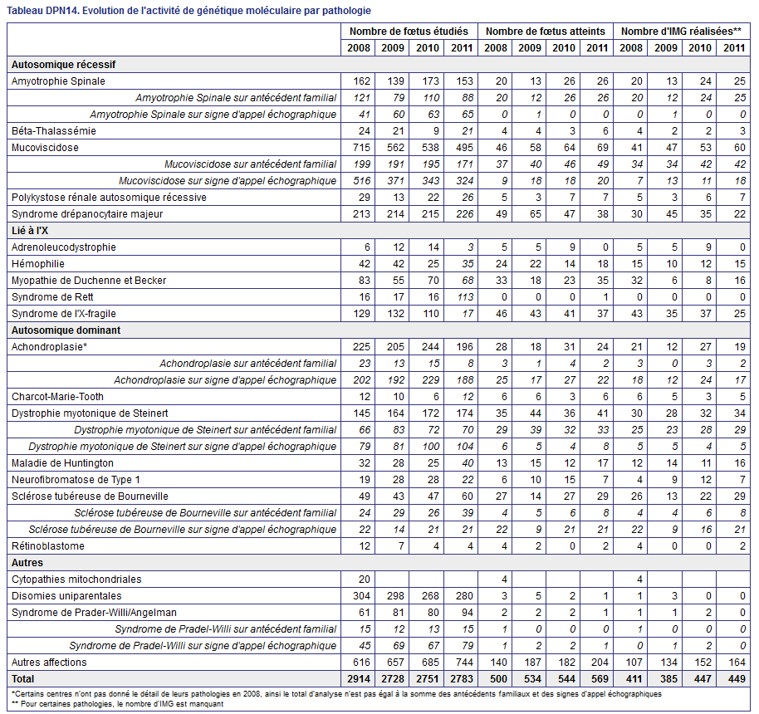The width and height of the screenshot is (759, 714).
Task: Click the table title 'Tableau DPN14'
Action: [43, 11]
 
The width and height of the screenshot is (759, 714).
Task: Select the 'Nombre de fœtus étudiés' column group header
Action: [409, 32]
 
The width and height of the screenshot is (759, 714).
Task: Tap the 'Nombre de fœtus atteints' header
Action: [546, 32]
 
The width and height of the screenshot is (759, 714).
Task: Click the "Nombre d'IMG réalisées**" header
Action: [681, 32]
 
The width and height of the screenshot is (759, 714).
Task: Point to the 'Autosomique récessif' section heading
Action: [63, 65]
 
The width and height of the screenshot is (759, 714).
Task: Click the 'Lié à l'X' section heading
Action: [30, 231]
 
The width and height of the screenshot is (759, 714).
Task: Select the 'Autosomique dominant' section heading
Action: [66, 330]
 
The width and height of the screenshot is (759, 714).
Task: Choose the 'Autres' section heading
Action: [27, 563]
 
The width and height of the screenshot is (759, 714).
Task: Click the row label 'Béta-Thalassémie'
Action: [54, 131]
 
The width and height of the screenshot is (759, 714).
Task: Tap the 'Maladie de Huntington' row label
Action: [62, 463]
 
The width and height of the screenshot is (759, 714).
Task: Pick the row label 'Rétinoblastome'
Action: [48, 546]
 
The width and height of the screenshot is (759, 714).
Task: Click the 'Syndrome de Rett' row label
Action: [52, 297]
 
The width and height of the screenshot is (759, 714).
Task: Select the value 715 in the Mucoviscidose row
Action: [361, 148]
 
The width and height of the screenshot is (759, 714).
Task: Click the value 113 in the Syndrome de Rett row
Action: [465, 297]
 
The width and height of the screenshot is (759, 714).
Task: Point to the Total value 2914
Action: [359, 679]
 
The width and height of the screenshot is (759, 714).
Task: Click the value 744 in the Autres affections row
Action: [465, 663]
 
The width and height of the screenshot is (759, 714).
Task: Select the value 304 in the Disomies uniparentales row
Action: [361, 596]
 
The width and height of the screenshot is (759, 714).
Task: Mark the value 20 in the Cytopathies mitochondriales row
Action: [365, 580]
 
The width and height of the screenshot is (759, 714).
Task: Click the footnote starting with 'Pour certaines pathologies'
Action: [118, 704]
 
